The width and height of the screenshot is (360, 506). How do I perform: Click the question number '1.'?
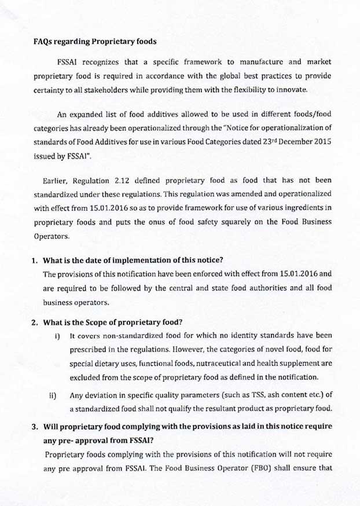pyautogui.click(x=36, y=259)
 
